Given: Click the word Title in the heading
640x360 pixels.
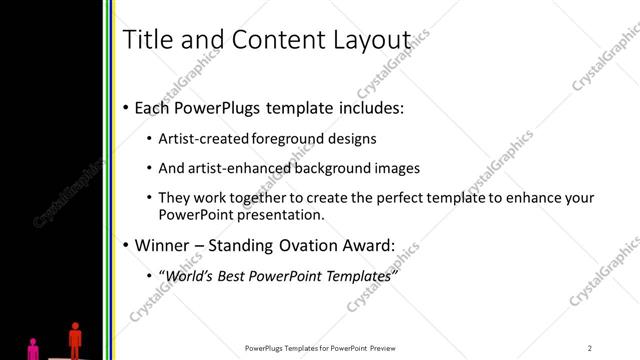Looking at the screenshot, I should click(144, 40).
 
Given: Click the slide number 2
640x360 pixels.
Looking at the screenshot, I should click(590, 348).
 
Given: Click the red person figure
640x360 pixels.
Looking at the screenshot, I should click(74, 338).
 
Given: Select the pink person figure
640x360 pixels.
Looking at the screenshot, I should click(34, 349).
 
